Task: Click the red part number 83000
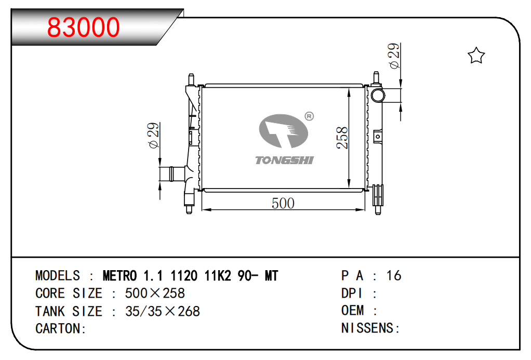point(83,27)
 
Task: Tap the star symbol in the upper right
point(476,56)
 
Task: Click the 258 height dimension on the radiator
point(342,138)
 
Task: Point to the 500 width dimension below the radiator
point(283,203)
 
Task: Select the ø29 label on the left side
point(153,135)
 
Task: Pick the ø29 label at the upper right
point(394,56)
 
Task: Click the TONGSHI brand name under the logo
point(285,160)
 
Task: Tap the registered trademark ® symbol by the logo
point(309,116)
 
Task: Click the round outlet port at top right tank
point(378,95)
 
